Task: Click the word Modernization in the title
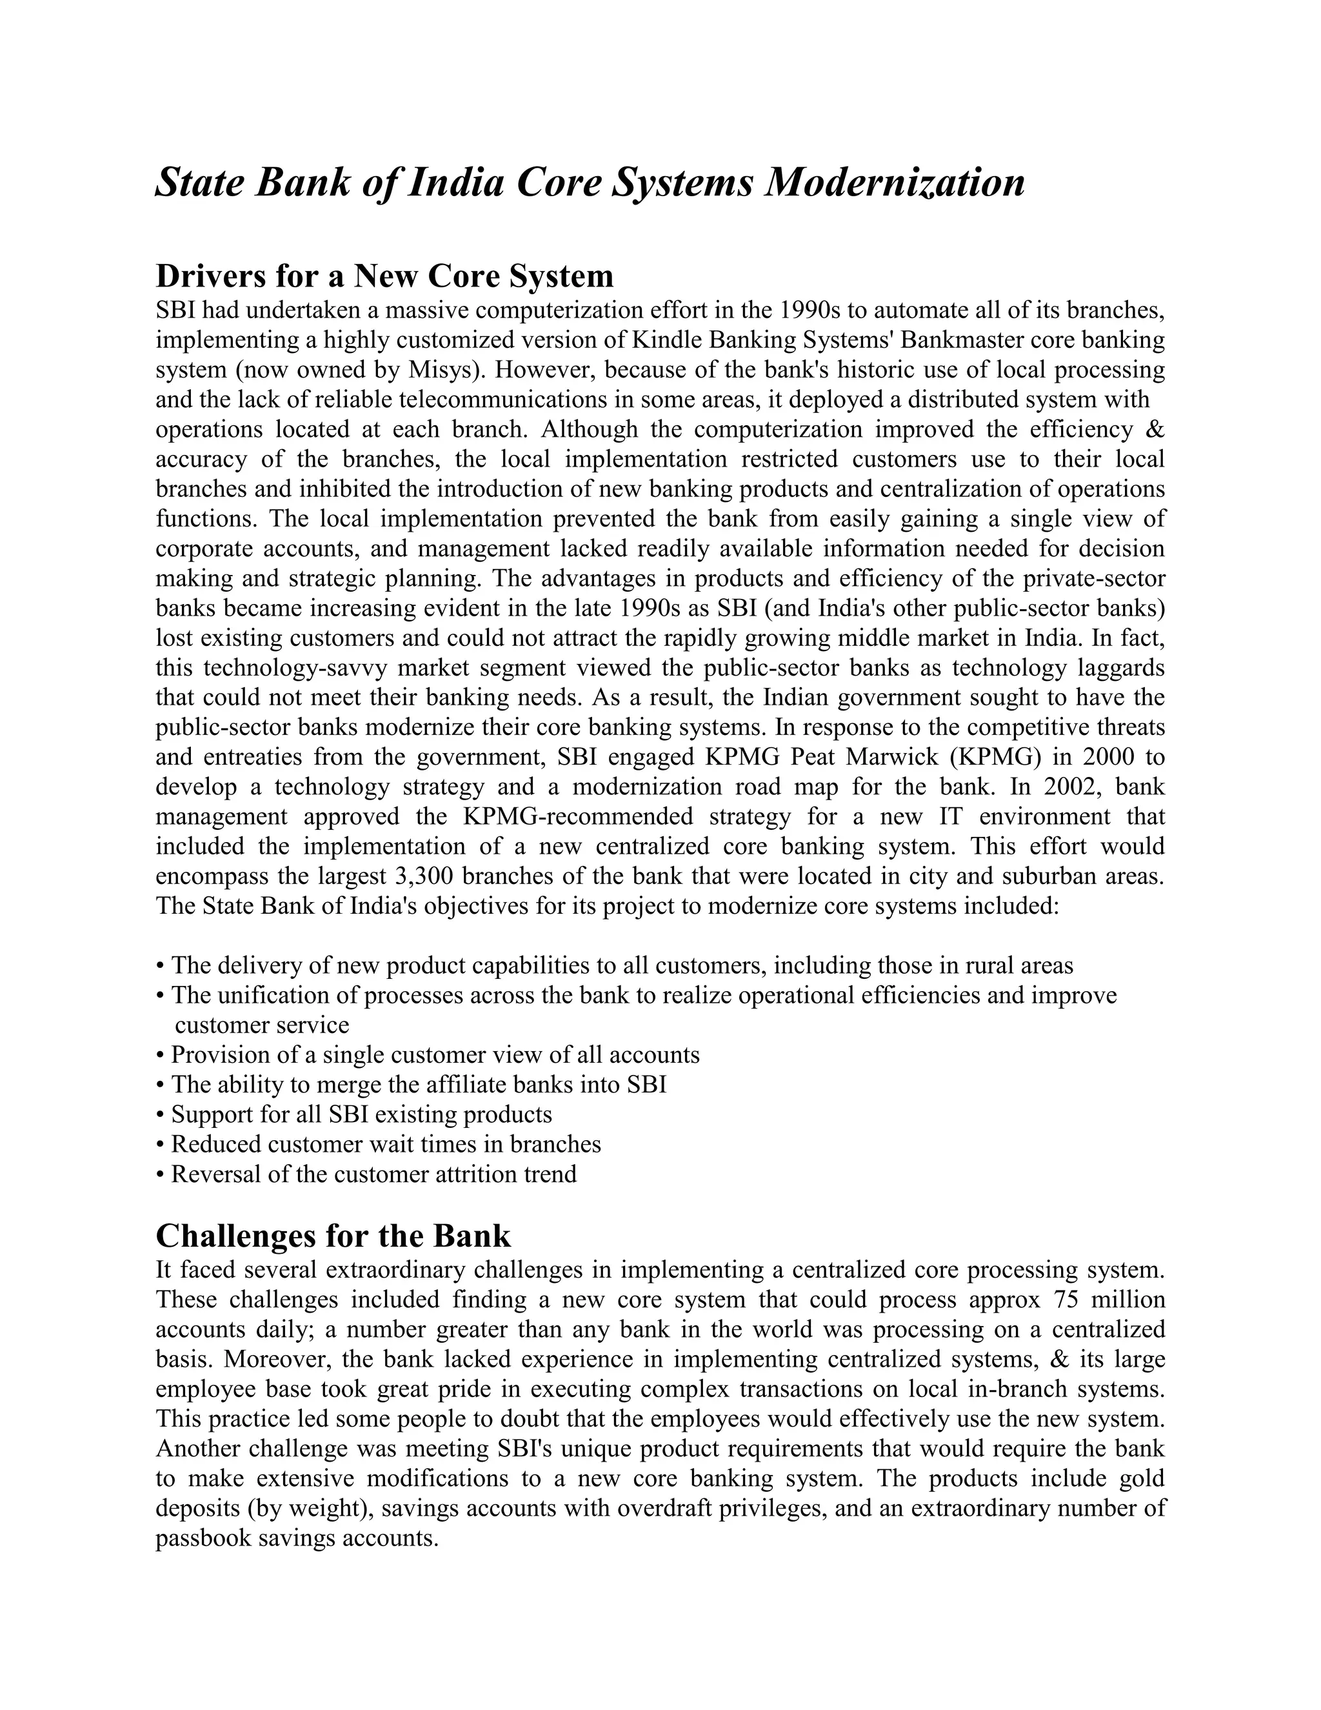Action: [x=894, y=183]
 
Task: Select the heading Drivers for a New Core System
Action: [x=384, y=276]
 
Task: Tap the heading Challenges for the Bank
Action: [x=333, y=1236]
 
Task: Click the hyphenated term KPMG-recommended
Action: [x=577, y=817]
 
